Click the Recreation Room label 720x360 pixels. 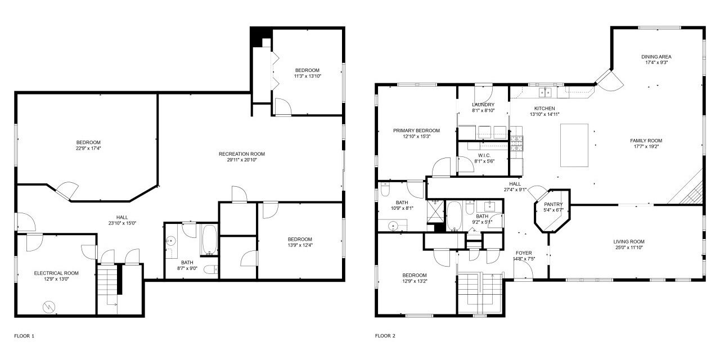pos(242,154)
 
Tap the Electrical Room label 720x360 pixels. pos(56,273)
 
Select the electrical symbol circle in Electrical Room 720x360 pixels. pos(49,307)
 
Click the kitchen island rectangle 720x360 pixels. pos(574,145)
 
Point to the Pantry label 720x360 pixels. pos(553,204)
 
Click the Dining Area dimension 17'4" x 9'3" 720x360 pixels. pos(656,62)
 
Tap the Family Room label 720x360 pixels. pos(646,141)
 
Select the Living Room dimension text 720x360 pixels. pos(629,247)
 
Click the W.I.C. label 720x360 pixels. pos(484,156)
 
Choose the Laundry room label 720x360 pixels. pos(483,105)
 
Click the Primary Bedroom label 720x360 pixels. pos(417,130)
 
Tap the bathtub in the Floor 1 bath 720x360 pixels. pos(209,240)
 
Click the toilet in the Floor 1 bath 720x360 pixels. pos(211,269)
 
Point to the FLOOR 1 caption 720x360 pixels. pos(24,336)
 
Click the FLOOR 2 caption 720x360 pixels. pos(385,336)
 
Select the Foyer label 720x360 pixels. pos(524,253)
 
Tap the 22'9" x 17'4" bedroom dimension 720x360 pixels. pos(88,148)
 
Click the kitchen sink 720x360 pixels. pos(545,92)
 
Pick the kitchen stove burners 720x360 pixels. pos(516,143)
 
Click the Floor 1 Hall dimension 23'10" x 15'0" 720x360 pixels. pos(122,223)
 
